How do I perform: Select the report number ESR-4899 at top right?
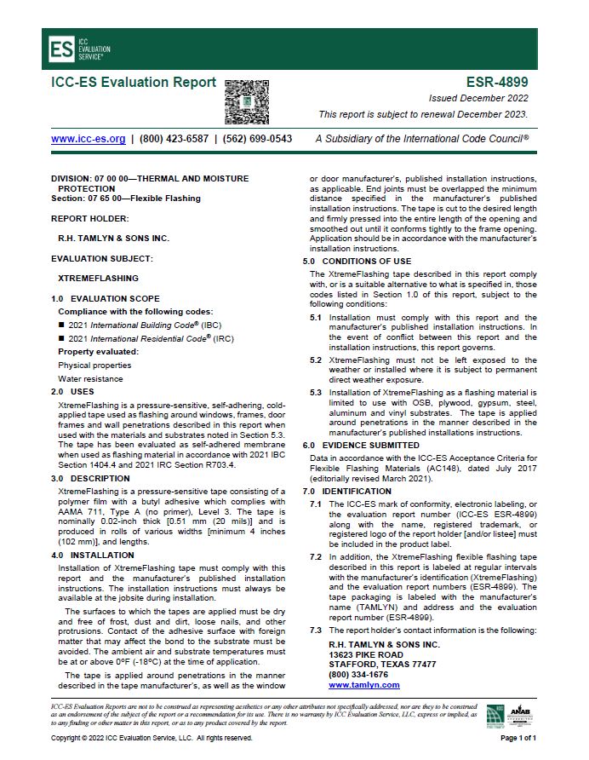[497, 83]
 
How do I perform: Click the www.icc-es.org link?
[89, 138]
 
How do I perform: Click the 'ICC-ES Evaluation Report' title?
[134, 83]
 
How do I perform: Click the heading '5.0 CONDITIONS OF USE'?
[357, 261]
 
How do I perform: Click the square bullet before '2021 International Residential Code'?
[61, 338]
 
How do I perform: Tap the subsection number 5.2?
[315, 360]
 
